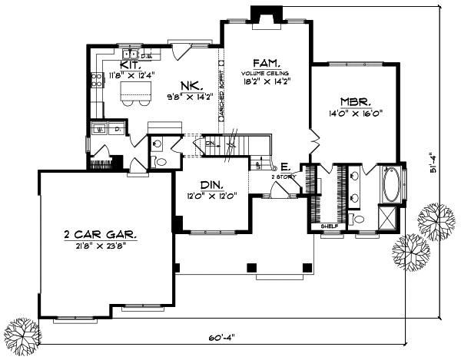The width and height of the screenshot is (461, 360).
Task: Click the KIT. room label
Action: [x=128, y=66]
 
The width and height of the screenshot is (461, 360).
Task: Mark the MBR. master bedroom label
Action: [x=357, y=101]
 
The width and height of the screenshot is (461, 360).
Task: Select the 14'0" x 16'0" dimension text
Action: [x=357, y=112]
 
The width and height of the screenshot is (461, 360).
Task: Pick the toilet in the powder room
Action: [x=160, y=162]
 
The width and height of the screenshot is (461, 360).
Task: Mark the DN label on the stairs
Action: [x=209, y=143]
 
